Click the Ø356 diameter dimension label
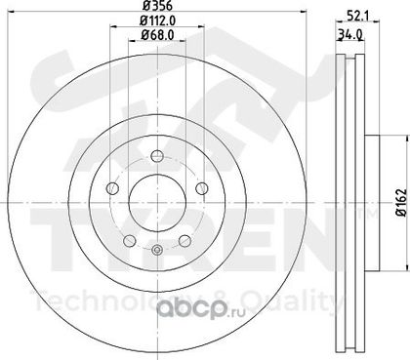coord(157,5)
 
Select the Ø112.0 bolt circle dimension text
coord(158,20)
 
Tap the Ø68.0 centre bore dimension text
coord(157,34)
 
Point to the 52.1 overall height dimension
coord(357,16)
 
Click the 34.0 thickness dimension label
coord(350,33)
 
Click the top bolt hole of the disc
coord(157,156)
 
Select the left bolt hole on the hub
coord(112,188)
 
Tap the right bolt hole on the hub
coord(202,188)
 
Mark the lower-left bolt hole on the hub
coord(130,241)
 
